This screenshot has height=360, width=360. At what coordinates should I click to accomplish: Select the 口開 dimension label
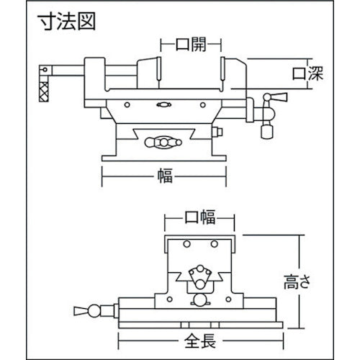(191, 45)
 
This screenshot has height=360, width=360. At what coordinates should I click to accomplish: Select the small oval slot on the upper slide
(163, 104)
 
